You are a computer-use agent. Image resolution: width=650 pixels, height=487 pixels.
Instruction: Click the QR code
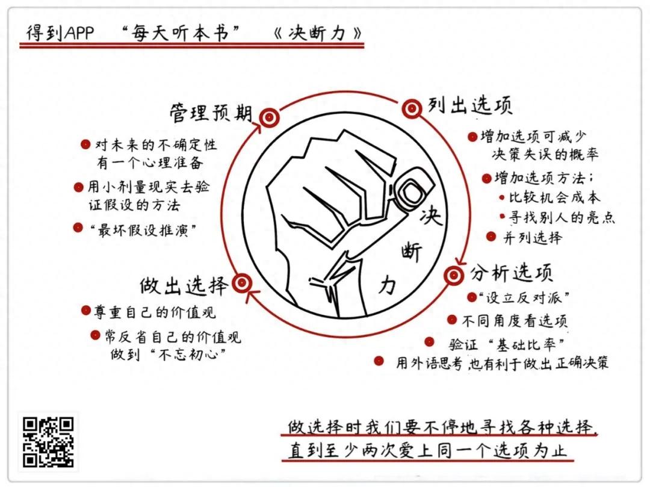(49, 442)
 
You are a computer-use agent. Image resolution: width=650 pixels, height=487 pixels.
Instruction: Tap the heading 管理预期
(211, 113)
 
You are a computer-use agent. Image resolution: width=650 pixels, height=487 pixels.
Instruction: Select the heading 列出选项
(470, 105)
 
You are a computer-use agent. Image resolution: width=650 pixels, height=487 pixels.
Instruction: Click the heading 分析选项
(511, 273)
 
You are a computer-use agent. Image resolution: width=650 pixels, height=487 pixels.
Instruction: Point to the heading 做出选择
(184, 285)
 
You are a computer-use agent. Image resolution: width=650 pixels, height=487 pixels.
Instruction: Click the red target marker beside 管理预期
(269, 118)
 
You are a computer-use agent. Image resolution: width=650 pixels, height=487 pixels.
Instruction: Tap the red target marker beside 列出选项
(412, 109)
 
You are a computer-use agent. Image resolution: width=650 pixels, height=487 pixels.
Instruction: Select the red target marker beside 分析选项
(454, 275)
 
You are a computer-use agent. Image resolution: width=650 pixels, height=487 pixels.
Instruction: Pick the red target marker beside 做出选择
(242, 284)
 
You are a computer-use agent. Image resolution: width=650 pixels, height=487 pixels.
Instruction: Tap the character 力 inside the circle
(388, 285)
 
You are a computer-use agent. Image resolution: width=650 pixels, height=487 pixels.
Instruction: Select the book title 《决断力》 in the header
(318, 33)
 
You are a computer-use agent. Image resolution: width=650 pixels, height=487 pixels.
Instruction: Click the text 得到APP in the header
(60, 33)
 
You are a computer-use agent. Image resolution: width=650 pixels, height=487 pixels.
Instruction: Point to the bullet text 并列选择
(533, 238)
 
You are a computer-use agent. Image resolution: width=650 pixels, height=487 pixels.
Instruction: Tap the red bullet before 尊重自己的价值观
(86, 311)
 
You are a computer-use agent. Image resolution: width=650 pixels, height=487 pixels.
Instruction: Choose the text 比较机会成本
(555, 197)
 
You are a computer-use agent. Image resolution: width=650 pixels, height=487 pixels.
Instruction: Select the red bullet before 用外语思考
(379, 361)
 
